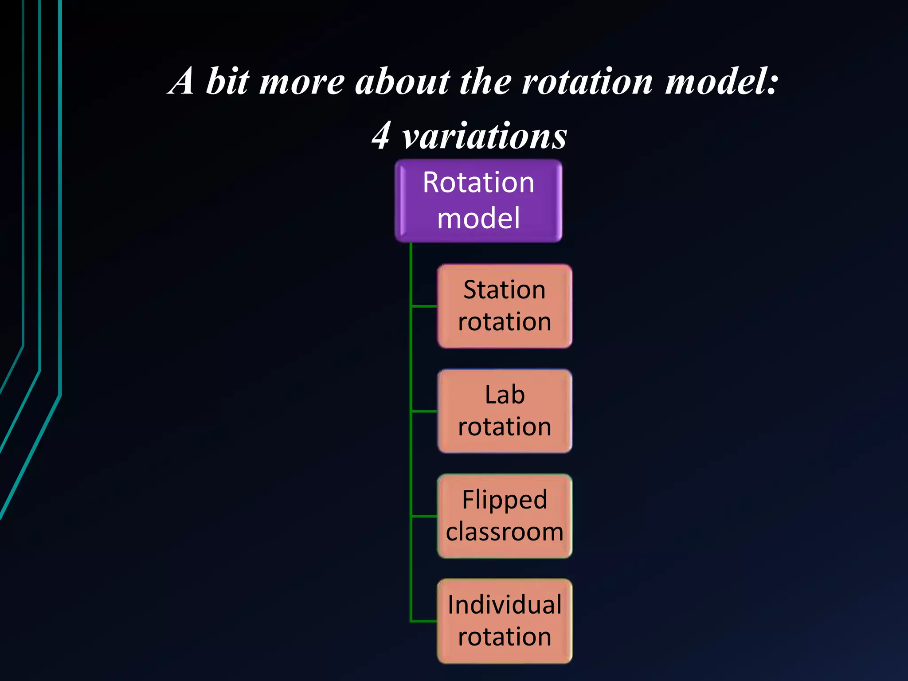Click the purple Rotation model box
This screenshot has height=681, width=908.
click(478, 200)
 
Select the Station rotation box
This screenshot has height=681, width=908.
click(505, 306)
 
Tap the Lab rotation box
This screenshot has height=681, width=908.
click(505, 411)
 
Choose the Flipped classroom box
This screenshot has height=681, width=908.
click(505, 516)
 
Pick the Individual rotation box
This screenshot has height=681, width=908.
click(505, 621)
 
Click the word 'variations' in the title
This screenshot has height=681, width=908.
click(484, 136)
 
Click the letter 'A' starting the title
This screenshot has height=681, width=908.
click(182, 82)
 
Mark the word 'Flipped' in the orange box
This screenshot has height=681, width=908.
click(505, 500)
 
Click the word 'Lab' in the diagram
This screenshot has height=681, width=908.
click(505, 395)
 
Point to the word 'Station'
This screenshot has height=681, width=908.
click(505, 290)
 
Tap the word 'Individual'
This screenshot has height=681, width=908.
click(505, 605)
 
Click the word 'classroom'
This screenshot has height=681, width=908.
click(505, 532)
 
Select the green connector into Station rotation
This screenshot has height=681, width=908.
click(425, 306)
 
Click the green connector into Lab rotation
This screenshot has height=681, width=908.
click(425, 411)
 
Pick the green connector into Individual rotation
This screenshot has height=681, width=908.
click(425, 621)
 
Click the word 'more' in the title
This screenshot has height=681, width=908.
click(301, 82)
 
